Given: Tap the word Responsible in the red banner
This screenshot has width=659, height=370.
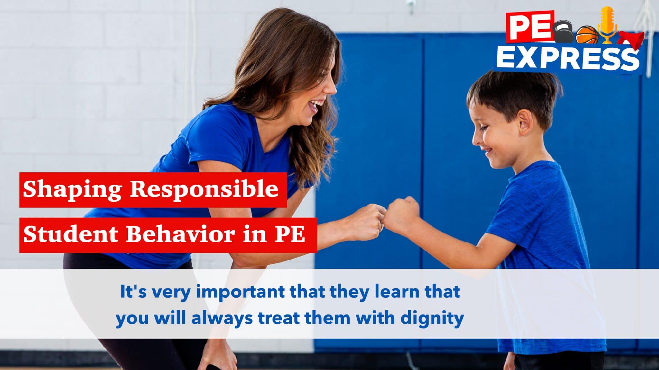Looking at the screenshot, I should pyautogui.click(x=204, y=190).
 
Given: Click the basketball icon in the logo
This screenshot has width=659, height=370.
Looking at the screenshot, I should pyautogui.click(x=587, y=35).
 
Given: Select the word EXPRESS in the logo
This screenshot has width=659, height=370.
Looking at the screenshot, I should pyautogui.click(x=568, y=58).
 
